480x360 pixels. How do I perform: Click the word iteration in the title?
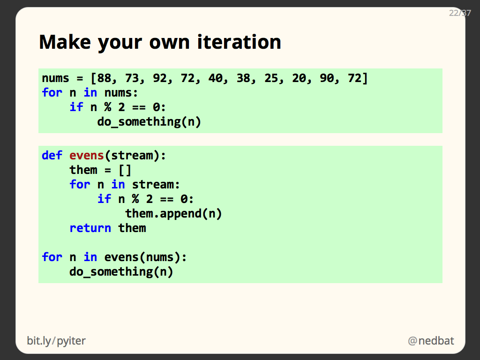coord(239,42)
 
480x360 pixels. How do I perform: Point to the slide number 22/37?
coord(459,13)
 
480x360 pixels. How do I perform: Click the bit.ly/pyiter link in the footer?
coord(56,341)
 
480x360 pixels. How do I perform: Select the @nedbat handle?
coord(431,341)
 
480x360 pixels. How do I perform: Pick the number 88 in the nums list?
coord(104,78)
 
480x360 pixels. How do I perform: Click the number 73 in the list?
coord(132,78)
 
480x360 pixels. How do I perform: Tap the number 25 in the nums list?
coord(271,78)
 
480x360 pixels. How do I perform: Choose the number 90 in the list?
coord(327,78)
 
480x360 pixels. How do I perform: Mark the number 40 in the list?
coord(215,78)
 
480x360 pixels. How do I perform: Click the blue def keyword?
coord(52,156)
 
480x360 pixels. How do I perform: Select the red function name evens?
coord(87,156)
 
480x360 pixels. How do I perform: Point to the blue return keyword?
coord(90,228)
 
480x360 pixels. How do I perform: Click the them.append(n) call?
coord(173,214)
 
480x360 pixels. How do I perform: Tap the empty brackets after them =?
coord(125,170)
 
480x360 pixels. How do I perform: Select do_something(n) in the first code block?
coord(149,122)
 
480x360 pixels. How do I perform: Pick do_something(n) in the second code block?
coord(121,272)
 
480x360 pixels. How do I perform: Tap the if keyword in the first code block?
coord(76,107)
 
